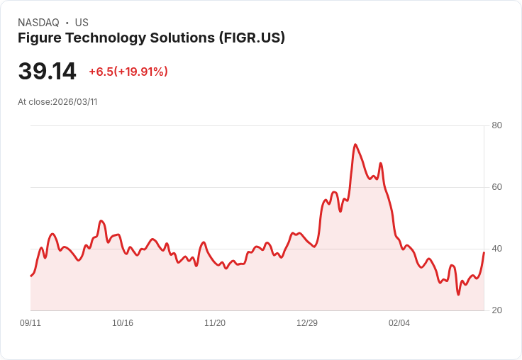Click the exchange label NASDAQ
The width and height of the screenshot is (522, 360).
(38, 23)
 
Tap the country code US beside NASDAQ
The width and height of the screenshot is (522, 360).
(82, 23)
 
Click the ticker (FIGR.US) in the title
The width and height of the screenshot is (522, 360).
(252, 38)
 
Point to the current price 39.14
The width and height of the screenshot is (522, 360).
(47, 71)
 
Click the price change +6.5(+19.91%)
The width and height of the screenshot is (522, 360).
(128, 72)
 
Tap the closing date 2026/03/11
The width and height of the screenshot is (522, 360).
(74, 102)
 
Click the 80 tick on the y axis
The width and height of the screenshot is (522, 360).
(497, 125)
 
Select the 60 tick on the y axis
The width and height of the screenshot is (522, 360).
(497, 187)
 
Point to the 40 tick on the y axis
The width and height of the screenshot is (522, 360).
(497, 249)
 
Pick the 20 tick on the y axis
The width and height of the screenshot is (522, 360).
(497, 310)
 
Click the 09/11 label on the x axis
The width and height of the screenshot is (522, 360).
(30, 323)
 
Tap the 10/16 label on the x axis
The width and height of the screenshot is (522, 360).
(123, 323)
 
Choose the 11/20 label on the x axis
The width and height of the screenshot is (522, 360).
(215, 323)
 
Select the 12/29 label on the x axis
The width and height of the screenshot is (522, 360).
(307, 323)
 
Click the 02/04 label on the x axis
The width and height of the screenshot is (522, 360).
(399, 323)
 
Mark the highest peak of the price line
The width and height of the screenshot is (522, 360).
(355, 145)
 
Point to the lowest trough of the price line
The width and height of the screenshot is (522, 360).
(458, 294)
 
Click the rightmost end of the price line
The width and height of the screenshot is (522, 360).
(484, 252)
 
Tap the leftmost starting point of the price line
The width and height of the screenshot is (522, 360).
(30, 276)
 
